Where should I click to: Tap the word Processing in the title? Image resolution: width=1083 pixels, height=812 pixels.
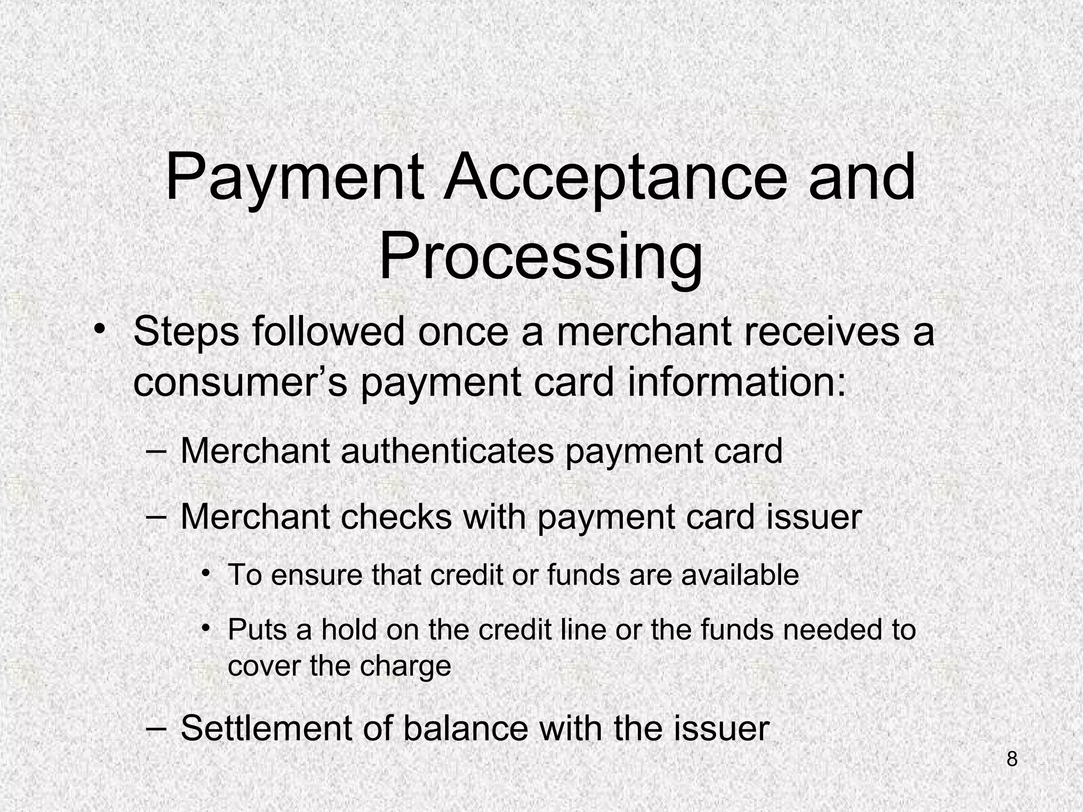(540, 258)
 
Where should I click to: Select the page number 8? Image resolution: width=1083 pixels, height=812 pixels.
(1012, 759)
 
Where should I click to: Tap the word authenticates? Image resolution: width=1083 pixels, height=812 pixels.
(447, 451)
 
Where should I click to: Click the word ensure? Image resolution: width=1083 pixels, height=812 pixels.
(316, 575)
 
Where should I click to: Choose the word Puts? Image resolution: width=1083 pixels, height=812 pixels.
(257, 630)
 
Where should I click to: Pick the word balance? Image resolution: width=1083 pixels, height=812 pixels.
(465, 728)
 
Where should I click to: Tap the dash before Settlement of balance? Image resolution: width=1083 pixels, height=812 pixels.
(155, 728)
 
